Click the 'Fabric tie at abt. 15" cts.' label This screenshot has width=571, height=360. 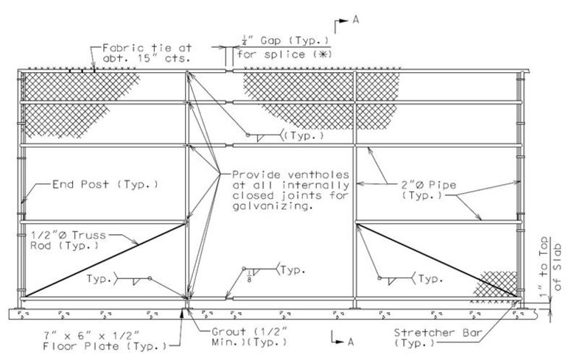(147, 53)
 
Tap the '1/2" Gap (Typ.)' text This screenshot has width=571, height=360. (286, 40)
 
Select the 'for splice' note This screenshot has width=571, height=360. (271, 54)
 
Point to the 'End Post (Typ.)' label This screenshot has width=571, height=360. (105, 184)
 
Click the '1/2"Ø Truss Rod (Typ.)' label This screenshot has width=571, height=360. (68, 240)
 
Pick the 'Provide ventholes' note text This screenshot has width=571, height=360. (290, 175)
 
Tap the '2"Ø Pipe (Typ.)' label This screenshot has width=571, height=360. (429, 190)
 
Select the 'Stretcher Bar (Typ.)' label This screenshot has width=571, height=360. (438, 337)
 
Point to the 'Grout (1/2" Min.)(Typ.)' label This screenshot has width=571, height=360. (250, 336)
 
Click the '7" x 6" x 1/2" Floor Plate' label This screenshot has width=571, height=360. (105, 340)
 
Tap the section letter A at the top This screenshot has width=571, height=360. (356, 20)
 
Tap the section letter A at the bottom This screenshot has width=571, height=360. (350, 342)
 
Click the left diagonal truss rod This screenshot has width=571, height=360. (105, 261)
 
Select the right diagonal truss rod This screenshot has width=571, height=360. (437, 261)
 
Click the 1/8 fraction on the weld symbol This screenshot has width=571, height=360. (249, 275)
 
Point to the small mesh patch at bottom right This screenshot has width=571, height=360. (496, 285)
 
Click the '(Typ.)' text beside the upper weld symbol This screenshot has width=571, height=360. (304, 136)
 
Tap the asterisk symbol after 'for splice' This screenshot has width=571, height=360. (325, 54)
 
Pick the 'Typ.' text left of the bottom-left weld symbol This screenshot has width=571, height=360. (99, 279)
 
